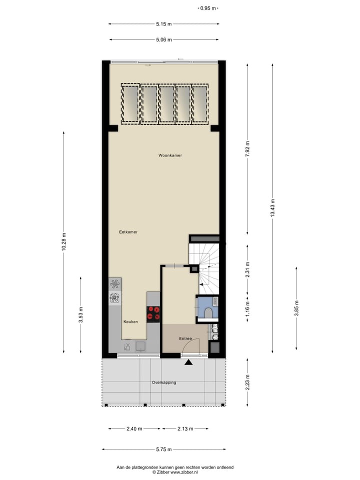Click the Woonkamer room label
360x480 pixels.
[170, 155]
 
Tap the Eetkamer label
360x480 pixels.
[128, 232]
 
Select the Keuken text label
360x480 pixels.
[130, 322]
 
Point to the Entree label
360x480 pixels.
[185, 339]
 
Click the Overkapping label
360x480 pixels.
[164, 382]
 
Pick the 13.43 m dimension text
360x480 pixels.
[272, 206]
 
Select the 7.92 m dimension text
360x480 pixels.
[247, 149]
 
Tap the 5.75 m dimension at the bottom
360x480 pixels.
[163, 449]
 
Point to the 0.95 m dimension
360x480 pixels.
[208, 8]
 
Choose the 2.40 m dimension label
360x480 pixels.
[134, 428]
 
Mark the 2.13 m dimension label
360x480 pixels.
[185, 428]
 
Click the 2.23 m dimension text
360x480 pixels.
[247, 382]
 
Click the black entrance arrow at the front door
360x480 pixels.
[188, 362]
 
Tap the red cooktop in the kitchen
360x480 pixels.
[153, 313]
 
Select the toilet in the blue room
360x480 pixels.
[208, 312]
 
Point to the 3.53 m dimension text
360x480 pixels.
[81, 314]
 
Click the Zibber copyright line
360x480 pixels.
[175, 472]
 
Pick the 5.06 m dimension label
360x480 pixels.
[163, 39]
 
